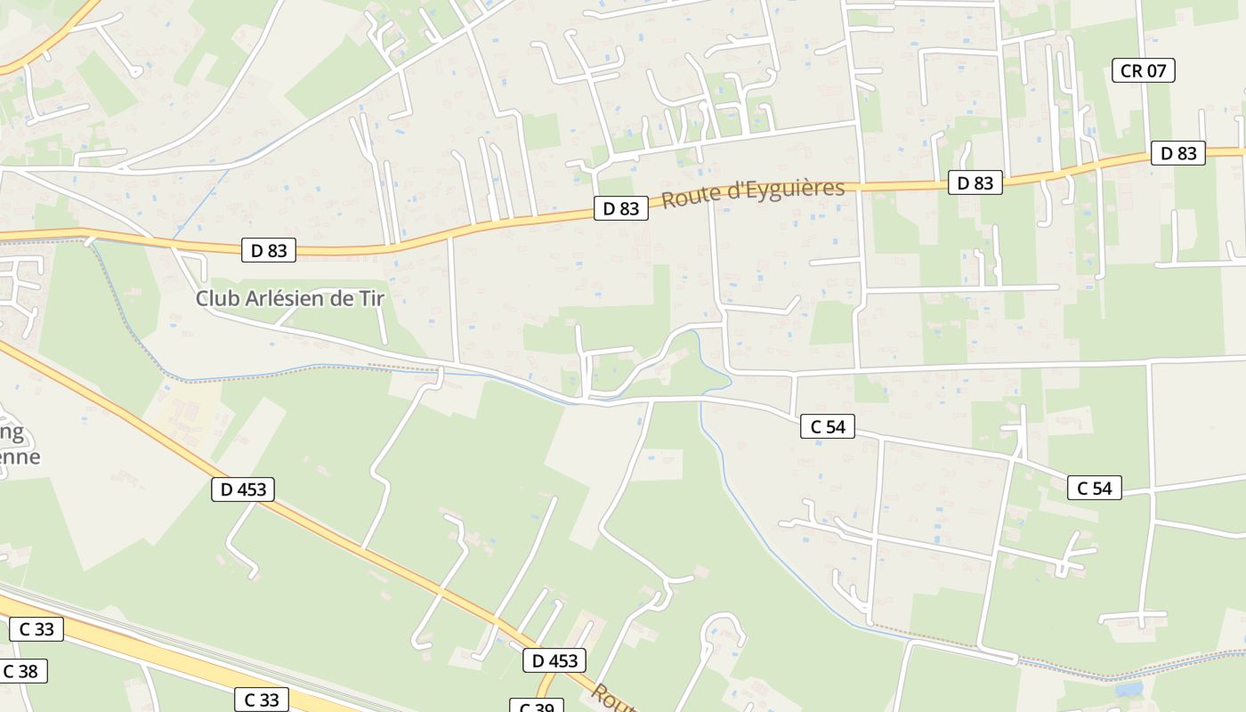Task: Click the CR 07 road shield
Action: pyautogui.click(x=1144, y=70)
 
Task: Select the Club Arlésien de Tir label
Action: pyautogui.click(x=290, y=298)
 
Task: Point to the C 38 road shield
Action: pyautogui.click(x=22, y=671)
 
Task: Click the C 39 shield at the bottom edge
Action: pyautogui.click(x=537, y=706)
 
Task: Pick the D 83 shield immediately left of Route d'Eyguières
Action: pyautogui.click(x=621, y=208)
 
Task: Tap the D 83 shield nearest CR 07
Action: pyautogui.click(x=1178, y=153)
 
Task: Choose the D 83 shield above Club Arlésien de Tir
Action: pyautogui.click(x=269, y=250)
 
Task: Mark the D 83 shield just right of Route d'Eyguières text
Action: pyautogui.click(x=975, y=182)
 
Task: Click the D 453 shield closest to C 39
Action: pyautogui.click(x=555, y=660)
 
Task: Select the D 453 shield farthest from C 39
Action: pyautogui.click(x=243, y=489)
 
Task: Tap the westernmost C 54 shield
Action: pyautogui.click(x=828, y=426)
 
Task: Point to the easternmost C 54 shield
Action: pyautogui.click(x=1094, y=488)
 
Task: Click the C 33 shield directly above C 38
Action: pyautogui.click(x=36, y=629)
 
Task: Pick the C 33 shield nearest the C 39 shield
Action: pyautogui.click(x=262, y=700)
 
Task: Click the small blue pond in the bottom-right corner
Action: pyautogui.click(x=1129, y=689)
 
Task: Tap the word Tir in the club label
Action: pyautogui.click(x=372, y=298)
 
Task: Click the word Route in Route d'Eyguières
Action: pyautogui.click(x=685, y=198)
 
